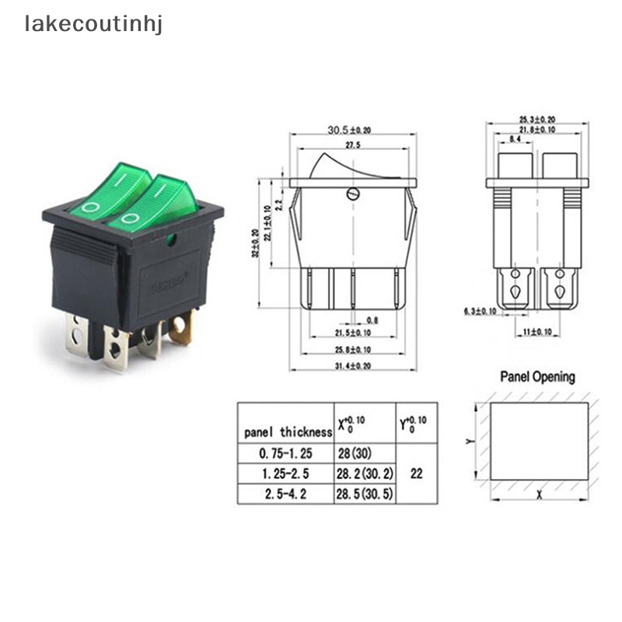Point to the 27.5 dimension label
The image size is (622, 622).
[354, 145]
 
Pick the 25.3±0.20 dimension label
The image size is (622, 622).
[537, 120]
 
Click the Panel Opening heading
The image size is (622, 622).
[537, 378]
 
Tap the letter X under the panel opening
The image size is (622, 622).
[538, 494]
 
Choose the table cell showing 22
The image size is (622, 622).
[417, 473]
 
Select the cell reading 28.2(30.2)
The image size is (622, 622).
[365, 473]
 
